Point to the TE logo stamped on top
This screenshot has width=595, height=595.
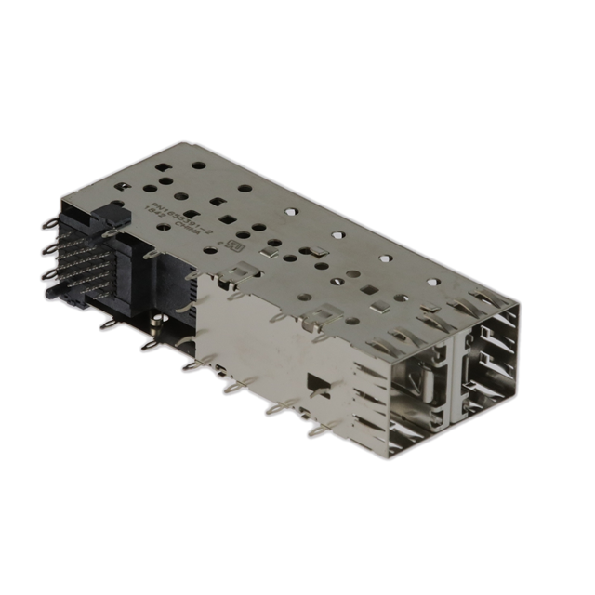click(x=235, y=248)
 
